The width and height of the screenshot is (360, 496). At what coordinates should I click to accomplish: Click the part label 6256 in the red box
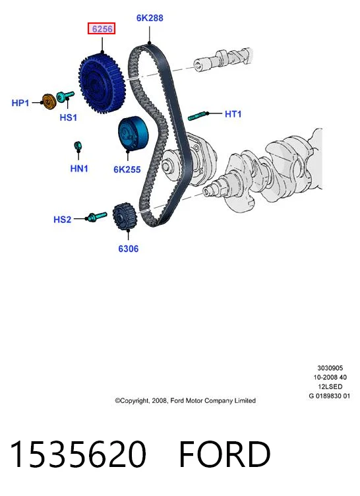(102, 29)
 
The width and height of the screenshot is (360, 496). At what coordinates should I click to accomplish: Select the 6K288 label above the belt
(150, 18)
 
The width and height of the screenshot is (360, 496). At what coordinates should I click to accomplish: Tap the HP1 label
(20, 103)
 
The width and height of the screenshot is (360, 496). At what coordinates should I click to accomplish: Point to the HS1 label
(69, 117)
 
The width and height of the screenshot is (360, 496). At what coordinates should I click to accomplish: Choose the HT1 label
(233, 114)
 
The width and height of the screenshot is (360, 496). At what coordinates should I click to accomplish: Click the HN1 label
(79, 169)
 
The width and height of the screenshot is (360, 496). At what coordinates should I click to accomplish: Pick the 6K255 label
(127, 170)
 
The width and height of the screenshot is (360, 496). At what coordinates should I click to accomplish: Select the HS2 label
(63, 220)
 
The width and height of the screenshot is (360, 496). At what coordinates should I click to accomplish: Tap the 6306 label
(129, 249)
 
